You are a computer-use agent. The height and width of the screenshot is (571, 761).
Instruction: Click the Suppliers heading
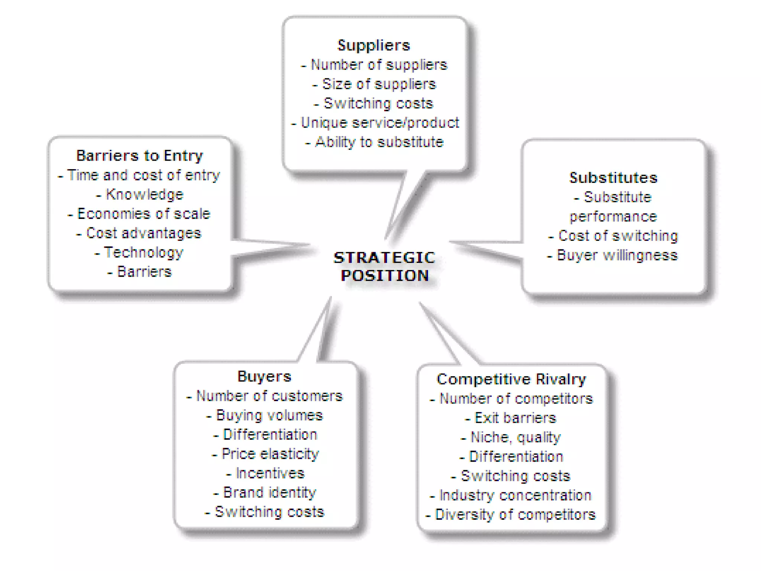tap(373, 45)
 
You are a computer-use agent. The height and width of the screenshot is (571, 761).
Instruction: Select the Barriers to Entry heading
tap(140, 156)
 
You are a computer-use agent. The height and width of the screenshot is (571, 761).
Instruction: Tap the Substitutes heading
tap(613, 178)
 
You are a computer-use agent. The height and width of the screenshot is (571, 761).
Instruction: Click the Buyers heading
tap(265, 377)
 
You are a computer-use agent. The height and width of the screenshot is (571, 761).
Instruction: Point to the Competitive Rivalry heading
tap(511, 380)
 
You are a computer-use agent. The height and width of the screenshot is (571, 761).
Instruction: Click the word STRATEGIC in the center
tap(384, 258)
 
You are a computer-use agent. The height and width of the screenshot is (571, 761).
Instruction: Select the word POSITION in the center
tap(385, 276)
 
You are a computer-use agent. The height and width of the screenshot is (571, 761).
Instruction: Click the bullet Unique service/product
tap(380, 123)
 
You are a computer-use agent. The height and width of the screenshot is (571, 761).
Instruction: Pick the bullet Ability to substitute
tap(379, 142)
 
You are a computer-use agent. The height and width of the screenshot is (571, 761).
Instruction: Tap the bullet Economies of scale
tap(143, 214)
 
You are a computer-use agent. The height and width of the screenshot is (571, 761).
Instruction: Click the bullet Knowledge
tap(145, 195)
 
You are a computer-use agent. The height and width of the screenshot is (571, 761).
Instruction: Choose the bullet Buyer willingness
tap(617, 255)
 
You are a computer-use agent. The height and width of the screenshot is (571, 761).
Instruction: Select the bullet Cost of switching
tap(618, 236)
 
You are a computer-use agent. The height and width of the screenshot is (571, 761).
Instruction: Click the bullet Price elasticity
tap(270, 454)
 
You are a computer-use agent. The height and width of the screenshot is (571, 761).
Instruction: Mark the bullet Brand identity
tap(269, 493)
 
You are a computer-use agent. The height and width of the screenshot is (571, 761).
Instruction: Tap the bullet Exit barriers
tap(515, 418)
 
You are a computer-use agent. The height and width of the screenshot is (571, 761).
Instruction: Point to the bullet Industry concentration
tap(515, 496)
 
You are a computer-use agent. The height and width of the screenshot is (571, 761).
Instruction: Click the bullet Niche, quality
tap(515, 438)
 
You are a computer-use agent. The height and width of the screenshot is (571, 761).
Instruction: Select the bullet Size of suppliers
tap(379, 84)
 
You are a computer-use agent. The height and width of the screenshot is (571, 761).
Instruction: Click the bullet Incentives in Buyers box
tap(270, 473)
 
